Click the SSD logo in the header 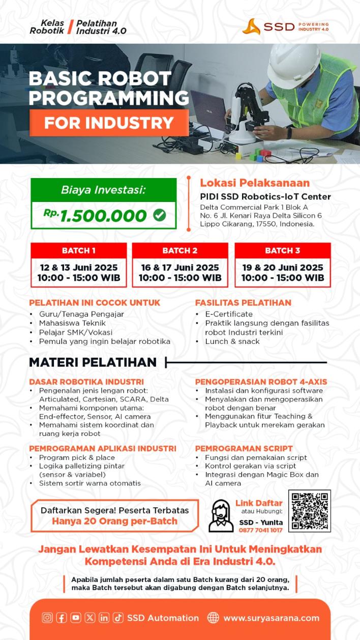point(285,26)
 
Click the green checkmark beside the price point(159,215)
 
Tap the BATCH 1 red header point(79,250)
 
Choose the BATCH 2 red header point(180,250)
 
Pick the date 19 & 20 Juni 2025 point(282,268)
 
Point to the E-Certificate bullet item point(229,314)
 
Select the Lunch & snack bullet point(232,341)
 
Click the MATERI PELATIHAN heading point(93,362)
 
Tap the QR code point(310,511)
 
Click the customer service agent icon point(221,515)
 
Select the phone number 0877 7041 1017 point(261,530)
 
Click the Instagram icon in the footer point(47,618)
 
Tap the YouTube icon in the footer point(76,618)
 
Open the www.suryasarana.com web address point(272,618)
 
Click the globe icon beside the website point(213,618)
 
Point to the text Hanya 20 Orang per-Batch point(114,521)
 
